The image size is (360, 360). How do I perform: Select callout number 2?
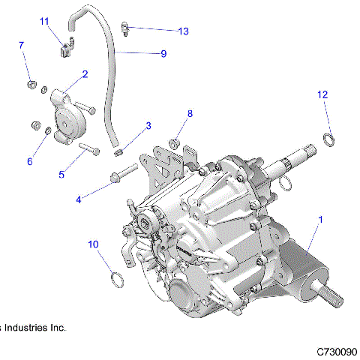coord(85,73)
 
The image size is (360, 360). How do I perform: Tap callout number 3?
coord(148,125)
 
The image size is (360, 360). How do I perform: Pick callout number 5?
coord(63,174)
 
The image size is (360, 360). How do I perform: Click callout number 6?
coord(31,161)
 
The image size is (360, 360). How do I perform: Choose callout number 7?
coord(21,46)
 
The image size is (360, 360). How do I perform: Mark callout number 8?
coord(190,113)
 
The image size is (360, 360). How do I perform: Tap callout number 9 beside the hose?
coord(163,53)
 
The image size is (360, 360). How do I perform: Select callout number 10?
coord(94,244)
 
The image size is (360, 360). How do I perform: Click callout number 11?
coord(44,21)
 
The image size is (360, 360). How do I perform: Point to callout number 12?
coord(322,94)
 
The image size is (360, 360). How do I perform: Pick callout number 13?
coord(184,31)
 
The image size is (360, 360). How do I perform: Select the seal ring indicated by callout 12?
coord(328,139)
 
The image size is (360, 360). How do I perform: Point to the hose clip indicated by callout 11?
coord(64,49)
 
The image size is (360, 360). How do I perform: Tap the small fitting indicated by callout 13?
coord(127,30)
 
